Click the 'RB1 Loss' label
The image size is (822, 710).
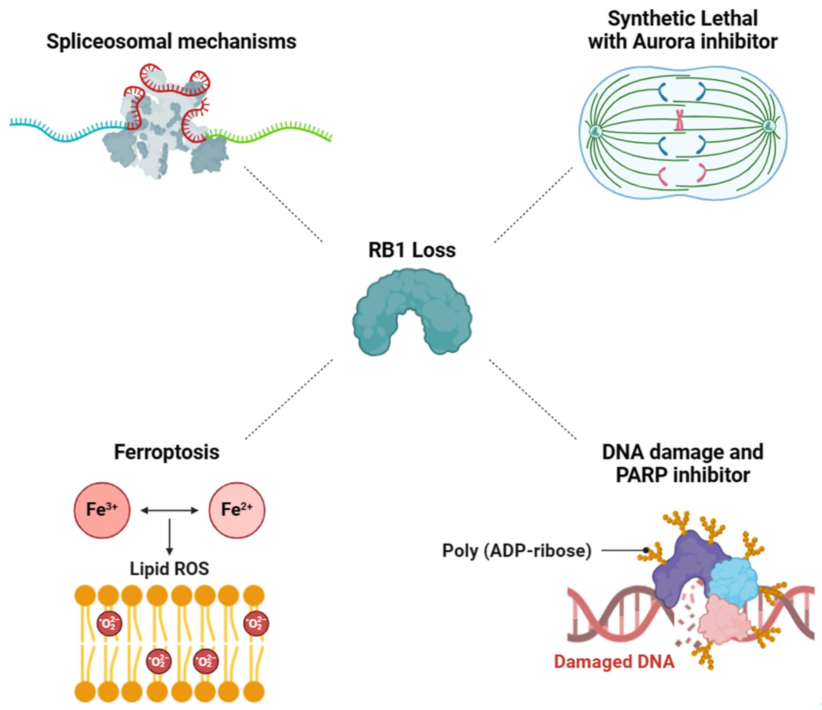point(412,250)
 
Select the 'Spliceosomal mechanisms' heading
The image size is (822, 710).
point(171,41)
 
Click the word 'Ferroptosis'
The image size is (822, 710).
point(166,452)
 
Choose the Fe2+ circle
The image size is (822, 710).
point(237,510)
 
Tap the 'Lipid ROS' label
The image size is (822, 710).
point(169,569)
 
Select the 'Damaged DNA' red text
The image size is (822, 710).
point(614,662)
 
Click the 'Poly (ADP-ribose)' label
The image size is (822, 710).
point(517,551)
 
